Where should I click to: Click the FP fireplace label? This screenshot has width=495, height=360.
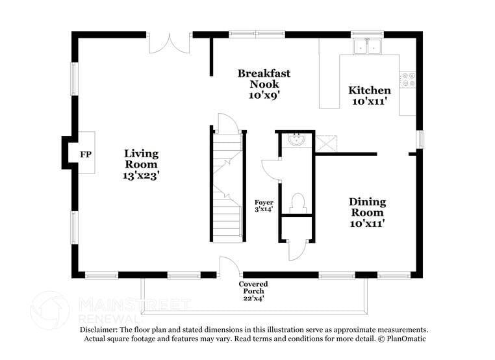tap(84, 155)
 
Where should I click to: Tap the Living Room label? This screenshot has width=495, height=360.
tap(141, 159)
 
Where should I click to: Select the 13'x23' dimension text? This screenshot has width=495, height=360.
tap(141, 175)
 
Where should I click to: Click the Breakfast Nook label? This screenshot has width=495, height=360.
tap(264, 79)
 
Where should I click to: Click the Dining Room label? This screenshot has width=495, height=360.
tap(367, 207)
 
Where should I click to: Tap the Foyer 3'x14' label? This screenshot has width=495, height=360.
tap(264, 206)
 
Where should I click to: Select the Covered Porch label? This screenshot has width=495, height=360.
tap(253, 288)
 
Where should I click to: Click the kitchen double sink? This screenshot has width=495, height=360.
tap(368, 46)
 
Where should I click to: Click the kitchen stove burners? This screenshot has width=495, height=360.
tap(408, 80)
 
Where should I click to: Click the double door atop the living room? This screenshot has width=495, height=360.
tap(170, 42)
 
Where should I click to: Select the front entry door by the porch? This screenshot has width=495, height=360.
tap(229, 267)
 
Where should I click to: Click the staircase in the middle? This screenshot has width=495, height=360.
tap(227, 185)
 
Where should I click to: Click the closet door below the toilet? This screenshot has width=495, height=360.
tap(297, 250)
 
